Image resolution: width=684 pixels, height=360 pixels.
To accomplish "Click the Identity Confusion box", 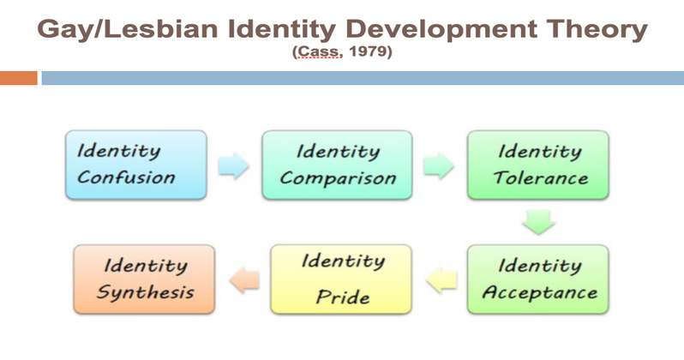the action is [x=136, y=165].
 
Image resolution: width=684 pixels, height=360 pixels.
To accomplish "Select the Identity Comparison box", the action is [x=337, y=165].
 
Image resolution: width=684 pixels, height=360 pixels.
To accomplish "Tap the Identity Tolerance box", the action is [x=538, y=165].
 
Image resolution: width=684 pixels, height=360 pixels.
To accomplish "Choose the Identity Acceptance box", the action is [x=538, y=279].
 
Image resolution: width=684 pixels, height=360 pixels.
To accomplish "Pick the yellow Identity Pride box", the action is [x=340, y=279].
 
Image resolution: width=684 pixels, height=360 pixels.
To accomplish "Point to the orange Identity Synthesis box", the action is [x=144, y=279].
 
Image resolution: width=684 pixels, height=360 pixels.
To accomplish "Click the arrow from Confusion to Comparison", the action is [x=233, y=165].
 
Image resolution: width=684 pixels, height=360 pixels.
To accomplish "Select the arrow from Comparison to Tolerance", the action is [x=438, y=165].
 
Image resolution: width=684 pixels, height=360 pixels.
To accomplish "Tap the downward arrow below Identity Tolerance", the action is [x=539, y=222].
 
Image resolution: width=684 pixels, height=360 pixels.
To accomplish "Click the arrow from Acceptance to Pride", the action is [x=441, y=279].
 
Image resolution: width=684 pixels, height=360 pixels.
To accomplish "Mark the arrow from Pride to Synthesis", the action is [x=245, y=279].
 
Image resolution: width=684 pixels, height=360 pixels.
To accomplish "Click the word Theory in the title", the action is [x=597, y=30].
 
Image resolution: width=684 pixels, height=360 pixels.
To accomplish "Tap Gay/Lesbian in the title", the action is [x=128, y=30].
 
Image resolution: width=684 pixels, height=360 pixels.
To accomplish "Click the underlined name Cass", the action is [x=317, y=51].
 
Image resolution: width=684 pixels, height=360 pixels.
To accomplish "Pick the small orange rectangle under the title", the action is [x=18, y=78].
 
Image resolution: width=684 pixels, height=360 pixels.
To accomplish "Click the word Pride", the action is [x=343, y=297].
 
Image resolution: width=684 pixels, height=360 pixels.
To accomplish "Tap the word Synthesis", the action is [x=145, y=292].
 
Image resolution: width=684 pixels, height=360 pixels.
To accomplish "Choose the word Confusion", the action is [x=126, y=177].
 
